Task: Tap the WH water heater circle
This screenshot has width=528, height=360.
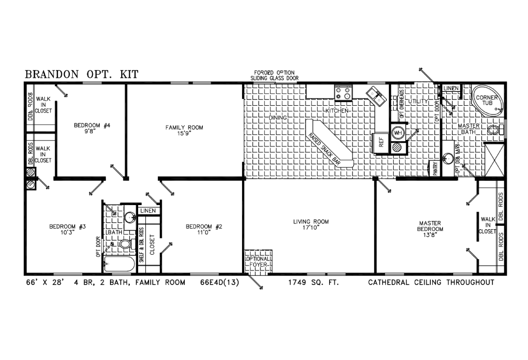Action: point(397,132)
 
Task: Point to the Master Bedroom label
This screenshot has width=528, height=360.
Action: point(431,226)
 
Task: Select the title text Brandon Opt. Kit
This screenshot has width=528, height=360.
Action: point(81,74)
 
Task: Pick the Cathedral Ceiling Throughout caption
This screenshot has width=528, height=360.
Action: point(431,283)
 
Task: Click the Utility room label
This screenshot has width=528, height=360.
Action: point(418,102)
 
